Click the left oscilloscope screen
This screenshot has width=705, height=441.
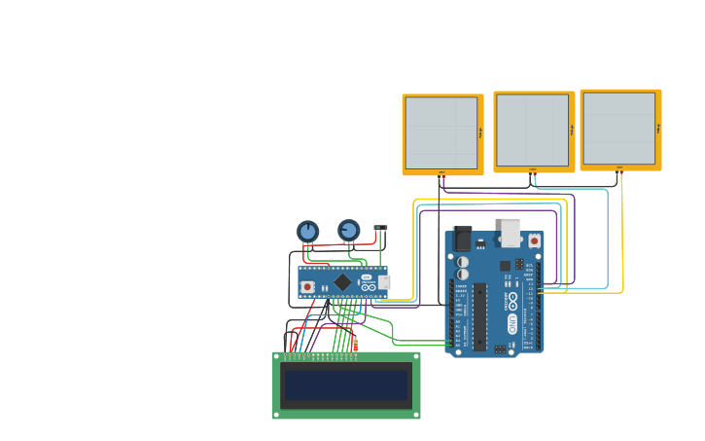(x=441, y=133)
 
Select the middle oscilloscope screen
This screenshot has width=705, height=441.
(x=532, y=130)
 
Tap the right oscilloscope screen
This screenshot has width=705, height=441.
(x=619, y=129)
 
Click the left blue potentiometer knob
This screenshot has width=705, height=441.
(x=307, y=232)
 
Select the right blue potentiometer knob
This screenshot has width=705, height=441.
(x=348, y=230)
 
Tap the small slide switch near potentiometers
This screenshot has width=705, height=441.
(x=380, y=228)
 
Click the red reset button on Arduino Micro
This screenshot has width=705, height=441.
(x=307, y=286)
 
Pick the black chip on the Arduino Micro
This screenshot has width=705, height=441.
(x=342, y=282)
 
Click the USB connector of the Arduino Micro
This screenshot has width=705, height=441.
(x=384, y=282)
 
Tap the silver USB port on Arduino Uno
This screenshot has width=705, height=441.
(x=511, y=233)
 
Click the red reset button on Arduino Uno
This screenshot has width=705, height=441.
(x=534, y=240)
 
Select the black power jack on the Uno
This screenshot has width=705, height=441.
(x=462, y=239)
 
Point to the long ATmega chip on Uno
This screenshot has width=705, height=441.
(x=479, y=316)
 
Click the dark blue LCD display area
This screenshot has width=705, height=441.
(x=345, y=385)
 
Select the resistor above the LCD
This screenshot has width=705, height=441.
(x=355, y=344)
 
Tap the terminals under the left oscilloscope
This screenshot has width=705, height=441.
(x=441, y=173)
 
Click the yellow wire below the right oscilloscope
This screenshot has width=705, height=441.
(x=622, y=234)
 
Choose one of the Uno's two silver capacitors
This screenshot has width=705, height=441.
(x=463, y=262)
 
